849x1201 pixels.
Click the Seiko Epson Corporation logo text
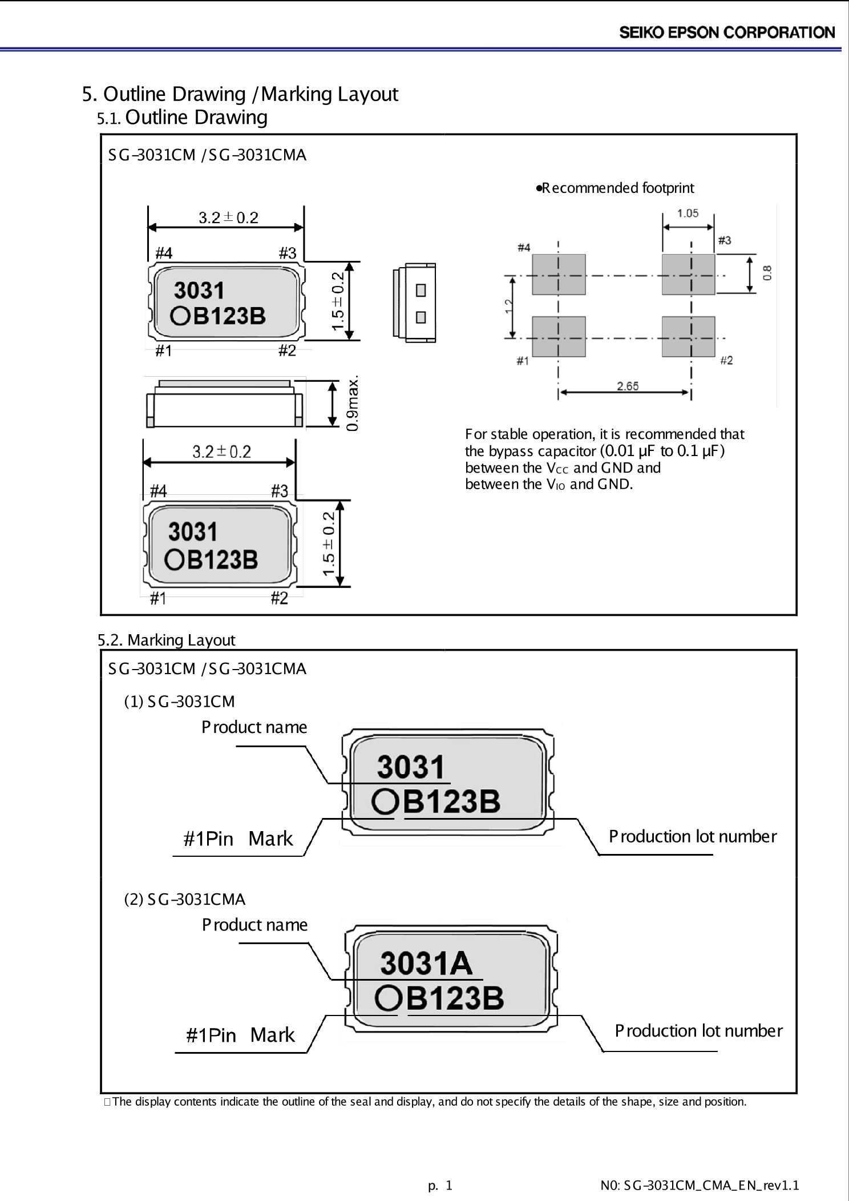pyautogui.click(x=727, y=33)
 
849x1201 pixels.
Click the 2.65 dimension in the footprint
pyautogui.click(x=628, y=386)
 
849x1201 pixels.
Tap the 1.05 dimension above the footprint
pyautogui.click(x=688, y=213)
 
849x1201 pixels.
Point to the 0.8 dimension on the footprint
pyautogui.click(x=767, y=272)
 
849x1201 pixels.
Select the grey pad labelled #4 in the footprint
pyautogui.click(x=559, y=274)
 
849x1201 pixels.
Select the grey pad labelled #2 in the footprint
pyautogui.click(x=689, y=337)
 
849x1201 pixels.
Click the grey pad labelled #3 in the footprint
pyautogui.click(x=689, y=274)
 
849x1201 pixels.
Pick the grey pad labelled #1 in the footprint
pyautogui.click(x=559, y=337)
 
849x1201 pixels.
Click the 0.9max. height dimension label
pyautogui.click(x=353, y=403)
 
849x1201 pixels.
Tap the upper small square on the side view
pyautogui.click(x=421, y=291)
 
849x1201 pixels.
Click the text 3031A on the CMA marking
pyautogui.click(x=426, y=964)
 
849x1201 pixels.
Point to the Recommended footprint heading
pyautogui.click(x=615, y=188)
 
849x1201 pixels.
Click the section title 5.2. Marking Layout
pyautogui.click(x=166, y=640)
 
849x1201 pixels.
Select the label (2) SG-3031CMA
pyautogui.click(x=185, y=899)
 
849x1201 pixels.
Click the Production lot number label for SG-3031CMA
pyautogui.click(x=698, y=1030)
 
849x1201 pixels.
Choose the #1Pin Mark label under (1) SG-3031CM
pyautogui.click(x=238, y=839)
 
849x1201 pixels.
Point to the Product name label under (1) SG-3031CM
pyautogui.click(x=254, y=727)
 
